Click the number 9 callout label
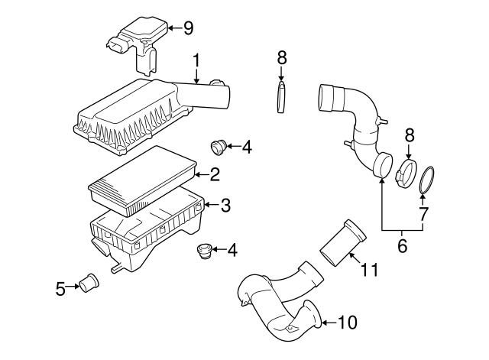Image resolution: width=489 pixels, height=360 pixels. click(x=188, y=28)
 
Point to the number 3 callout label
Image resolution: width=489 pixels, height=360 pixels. click(x=225, y=205)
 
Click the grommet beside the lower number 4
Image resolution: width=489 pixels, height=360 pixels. click(x=202, y=249)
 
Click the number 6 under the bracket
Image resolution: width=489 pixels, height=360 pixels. click(x=401, y=247)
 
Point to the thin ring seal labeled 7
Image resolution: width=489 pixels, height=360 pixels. click(x=429, y=180)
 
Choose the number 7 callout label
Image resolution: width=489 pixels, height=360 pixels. click(x=423, y=214)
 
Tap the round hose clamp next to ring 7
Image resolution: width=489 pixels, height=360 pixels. click(x=407, y=171)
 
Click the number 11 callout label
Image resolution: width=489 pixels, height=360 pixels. click(x=370, y=269)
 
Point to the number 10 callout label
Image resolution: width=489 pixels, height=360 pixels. click(x=347, y=323)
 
